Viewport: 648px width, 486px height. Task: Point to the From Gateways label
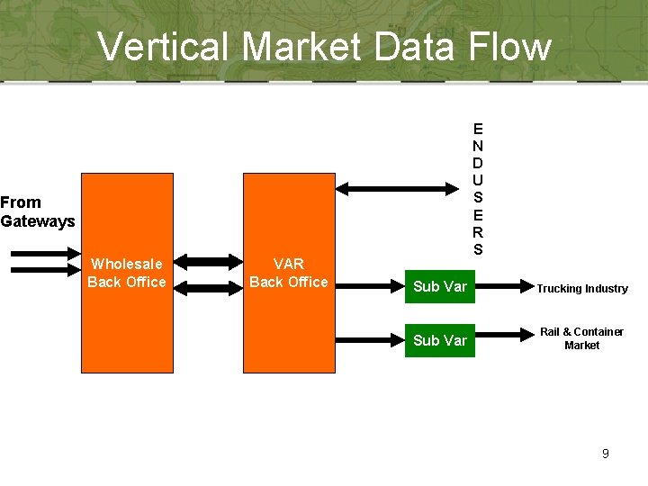click(37, 211)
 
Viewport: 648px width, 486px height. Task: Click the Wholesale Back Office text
click(127, 273)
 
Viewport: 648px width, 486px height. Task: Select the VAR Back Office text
click(289, 273)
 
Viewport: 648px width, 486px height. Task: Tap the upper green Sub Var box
click(439, 287)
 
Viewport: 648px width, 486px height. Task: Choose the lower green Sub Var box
click(439, 340)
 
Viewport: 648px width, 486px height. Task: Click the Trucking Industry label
click(582, 289)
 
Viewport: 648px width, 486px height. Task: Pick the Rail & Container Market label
click(581, 338)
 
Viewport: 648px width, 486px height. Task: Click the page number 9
click(606, 454)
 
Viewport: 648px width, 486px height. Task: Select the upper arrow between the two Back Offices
click(208, 263)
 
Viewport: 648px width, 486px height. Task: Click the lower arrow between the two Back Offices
click(208, 288)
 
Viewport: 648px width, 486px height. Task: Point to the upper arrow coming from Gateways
click(45, 254)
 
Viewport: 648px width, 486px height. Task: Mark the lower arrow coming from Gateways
click(45, 269)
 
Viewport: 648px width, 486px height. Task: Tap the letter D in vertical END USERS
click(478, 163)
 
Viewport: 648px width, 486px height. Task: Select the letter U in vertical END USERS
click(478, 180)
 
